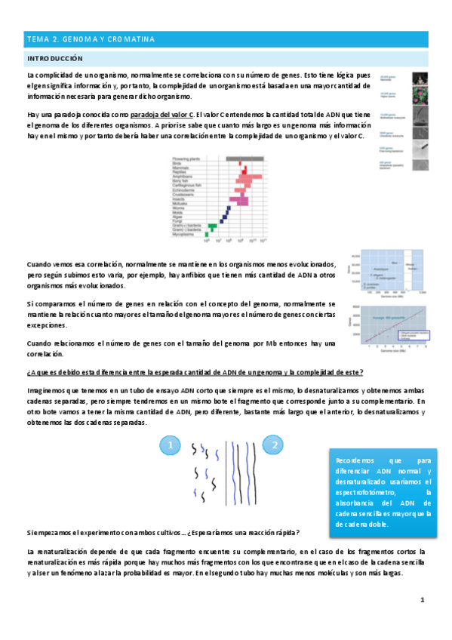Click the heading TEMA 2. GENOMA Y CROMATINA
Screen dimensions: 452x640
(91, 38)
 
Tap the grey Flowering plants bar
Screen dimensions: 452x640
(245, 158)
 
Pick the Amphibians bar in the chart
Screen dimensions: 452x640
(244, 177)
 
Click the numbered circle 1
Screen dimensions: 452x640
(171, 447)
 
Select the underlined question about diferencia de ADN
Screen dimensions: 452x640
(195, 372)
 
